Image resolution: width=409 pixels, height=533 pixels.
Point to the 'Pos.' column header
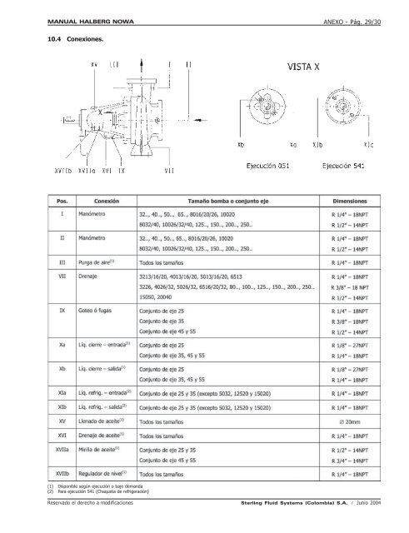click(x=61, y=201)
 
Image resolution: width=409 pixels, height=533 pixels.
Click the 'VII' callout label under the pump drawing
click(x=169, y=170)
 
